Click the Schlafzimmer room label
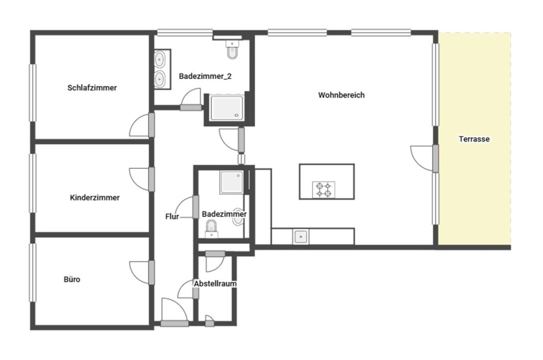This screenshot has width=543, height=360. [92, 88]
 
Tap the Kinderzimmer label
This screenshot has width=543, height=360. [94, 198]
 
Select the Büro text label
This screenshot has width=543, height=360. [72, 279]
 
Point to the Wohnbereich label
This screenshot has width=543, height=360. [341, 95]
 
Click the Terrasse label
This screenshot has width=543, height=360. [474, 139]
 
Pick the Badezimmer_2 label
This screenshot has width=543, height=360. [205, 76]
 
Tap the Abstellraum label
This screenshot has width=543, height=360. [215, 283]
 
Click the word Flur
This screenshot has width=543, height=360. [172, 216]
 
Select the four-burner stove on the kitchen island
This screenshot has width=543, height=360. [323, 190]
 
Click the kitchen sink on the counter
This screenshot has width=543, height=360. [301, 237]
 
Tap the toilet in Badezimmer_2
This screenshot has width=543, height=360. [232, 50]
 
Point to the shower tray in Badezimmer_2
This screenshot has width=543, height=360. [227, 107]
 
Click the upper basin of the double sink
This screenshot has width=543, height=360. [160, 59]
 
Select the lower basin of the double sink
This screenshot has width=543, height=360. [160, 79]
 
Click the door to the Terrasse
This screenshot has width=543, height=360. [425, 158]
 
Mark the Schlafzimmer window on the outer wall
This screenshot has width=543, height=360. [33, 93]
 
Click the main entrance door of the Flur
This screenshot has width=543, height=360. [174, 312]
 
